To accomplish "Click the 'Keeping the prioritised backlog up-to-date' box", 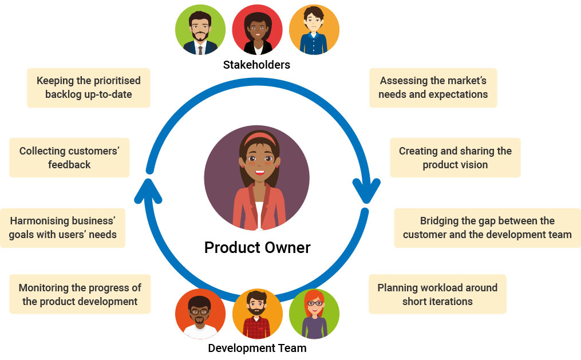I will tap(88, 88).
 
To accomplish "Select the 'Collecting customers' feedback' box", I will tap(69, 157).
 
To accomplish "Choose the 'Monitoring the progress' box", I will tap(80, 294).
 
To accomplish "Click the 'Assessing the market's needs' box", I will tap(433, 88).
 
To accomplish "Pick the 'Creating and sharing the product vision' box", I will tap(455, 157).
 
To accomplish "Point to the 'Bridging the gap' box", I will tap(487, 227).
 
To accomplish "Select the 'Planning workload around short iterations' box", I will tap(437, 294).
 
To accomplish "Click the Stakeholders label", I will tap(256, 65).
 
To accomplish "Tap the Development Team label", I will tap(257, 348).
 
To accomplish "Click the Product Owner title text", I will tap(257, 248).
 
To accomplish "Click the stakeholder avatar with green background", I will tap(200, 30).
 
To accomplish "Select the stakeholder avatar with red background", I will tap(257, 30).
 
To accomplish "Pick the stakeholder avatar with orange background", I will tap(314, 30).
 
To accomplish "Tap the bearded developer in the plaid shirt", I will tap(257, 314).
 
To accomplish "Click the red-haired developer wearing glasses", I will tap(314, 314).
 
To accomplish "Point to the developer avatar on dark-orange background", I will tap(200, 314).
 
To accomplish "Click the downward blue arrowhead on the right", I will tap(366, 192).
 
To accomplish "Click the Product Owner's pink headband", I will tap(261, 137).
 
